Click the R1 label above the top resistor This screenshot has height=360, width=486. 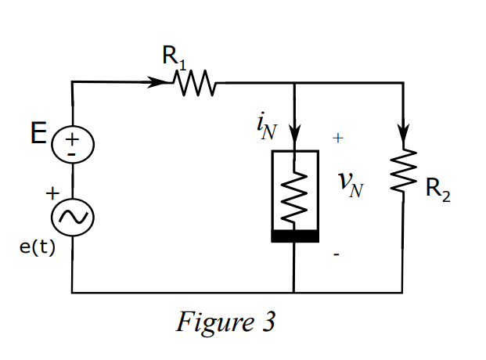174,56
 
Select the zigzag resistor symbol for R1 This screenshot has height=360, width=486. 193,81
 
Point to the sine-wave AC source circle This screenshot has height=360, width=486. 72,218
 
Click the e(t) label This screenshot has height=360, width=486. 37,248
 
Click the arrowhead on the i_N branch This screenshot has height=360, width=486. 294,133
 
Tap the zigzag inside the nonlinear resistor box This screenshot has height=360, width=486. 294,196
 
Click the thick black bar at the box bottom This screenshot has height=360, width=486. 294,236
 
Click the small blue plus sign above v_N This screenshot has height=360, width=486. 337,139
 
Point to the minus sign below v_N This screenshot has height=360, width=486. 337,255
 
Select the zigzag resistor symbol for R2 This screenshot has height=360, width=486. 403,172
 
